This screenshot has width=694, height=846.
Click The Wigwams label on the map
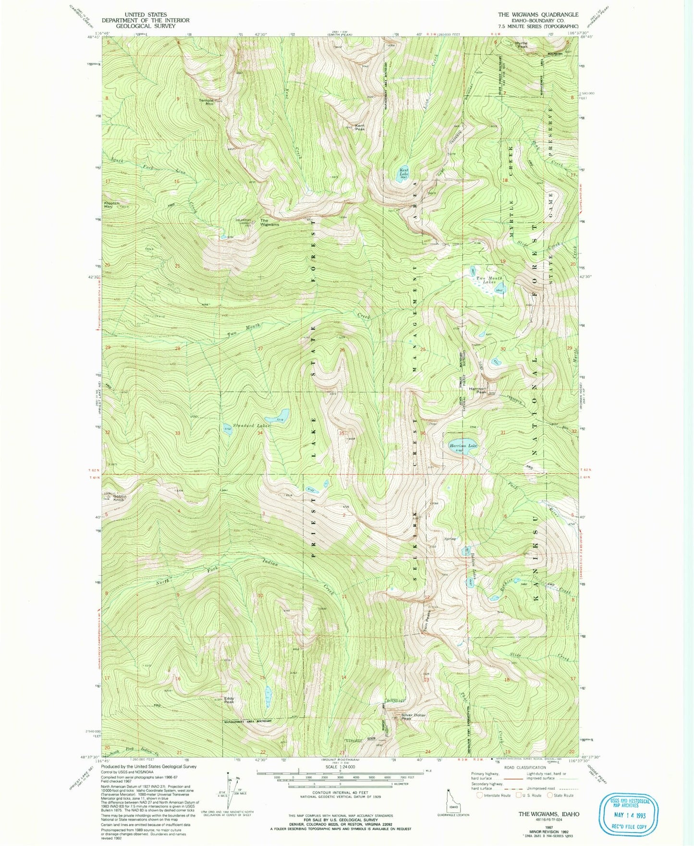269,222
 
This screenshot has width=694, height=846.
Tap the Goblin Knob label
119,498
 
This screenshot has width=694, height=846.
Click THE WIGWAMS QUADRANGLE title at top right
538,15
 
